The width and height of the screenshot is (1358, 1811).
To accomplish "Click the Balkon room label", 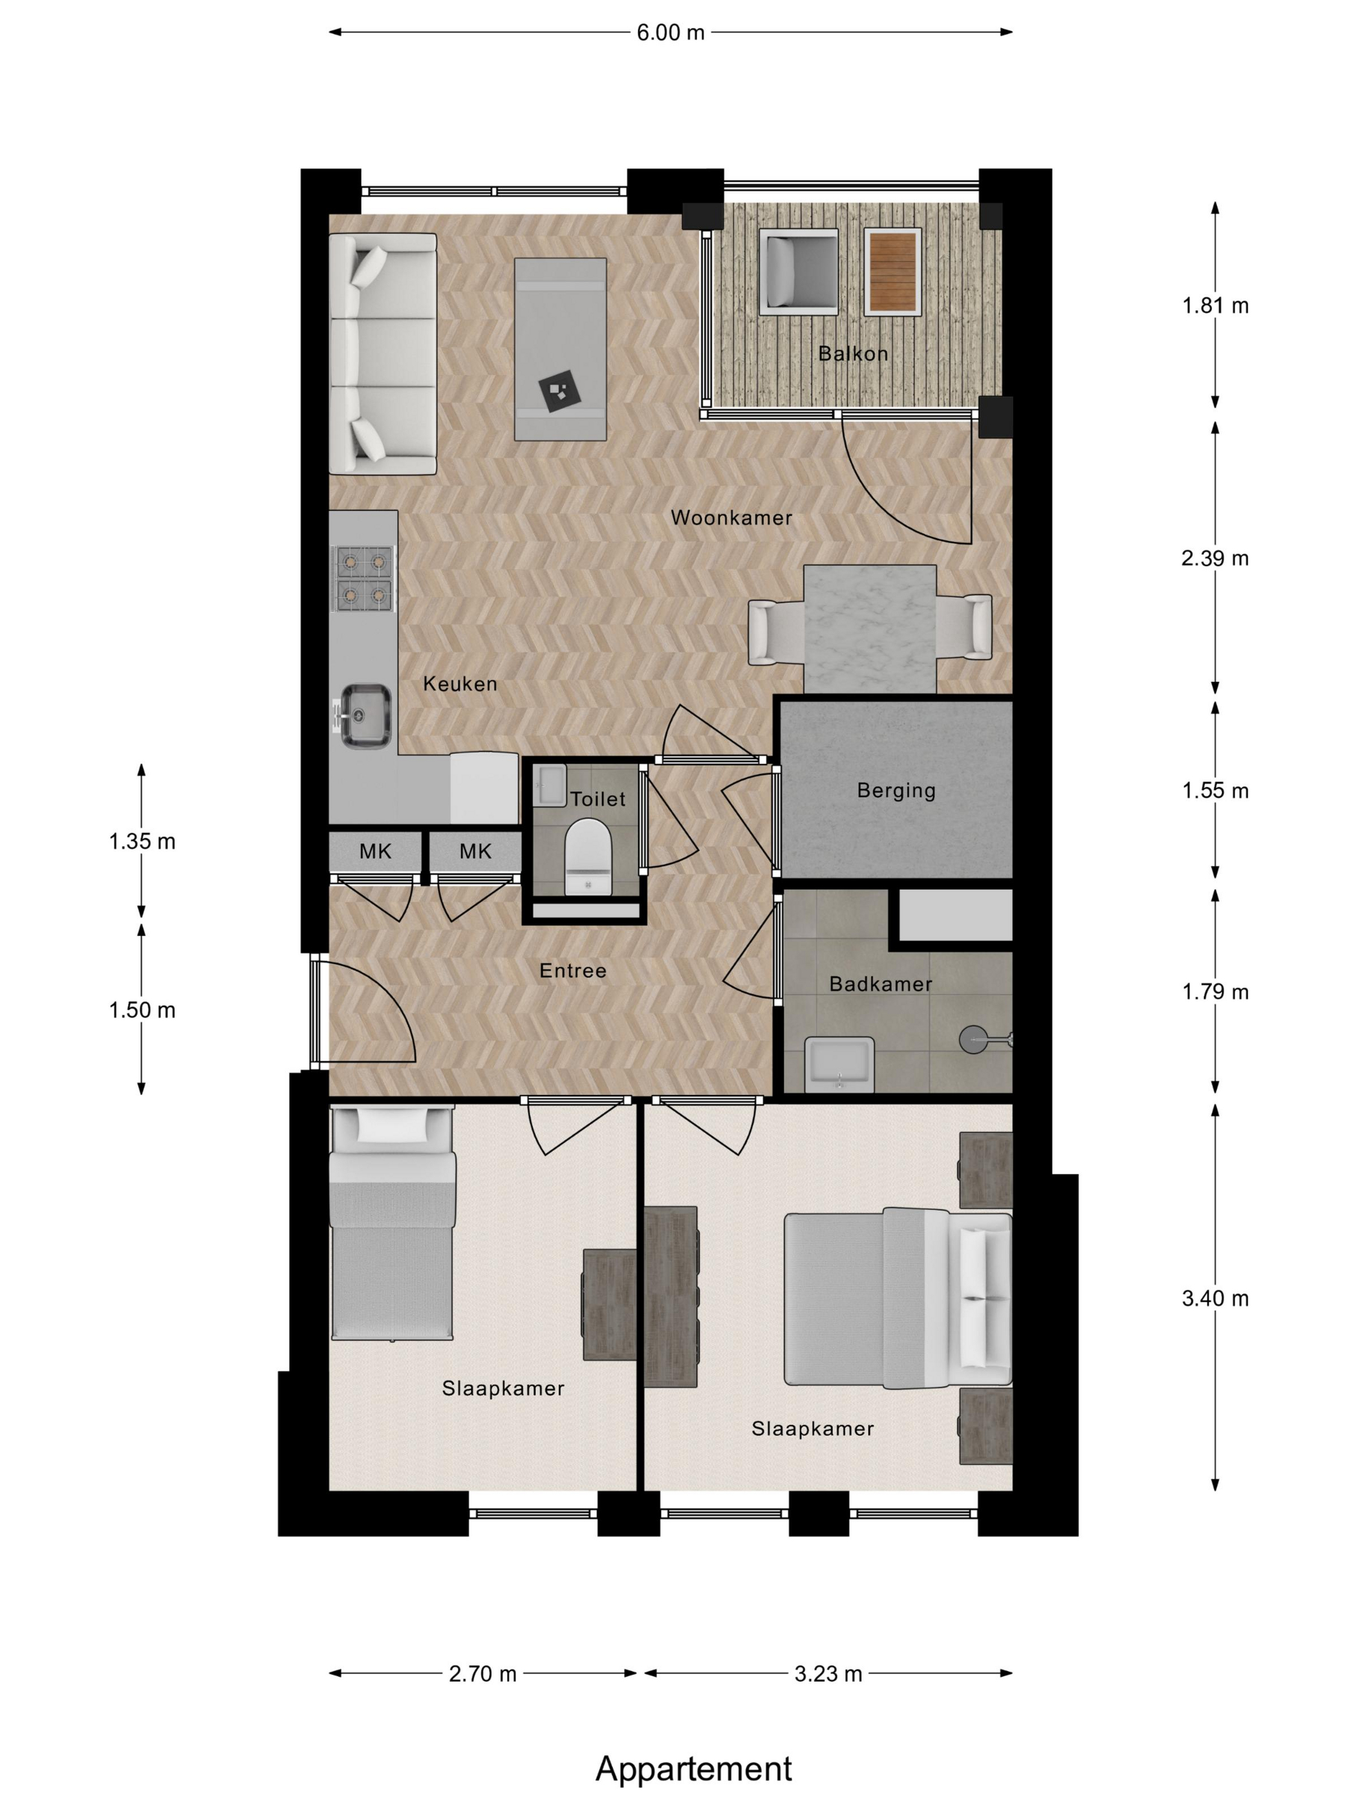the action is click(x=853, y=354).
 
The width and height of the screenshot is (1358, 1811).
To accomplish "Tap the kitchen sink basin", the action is click(x=365, y=715).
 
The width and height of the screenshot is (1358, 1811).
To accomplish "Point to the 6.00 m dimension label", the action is click(x=671, y=33).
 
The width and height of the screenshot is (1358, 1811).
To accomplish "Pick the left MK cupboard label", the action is click(x=376, y=851).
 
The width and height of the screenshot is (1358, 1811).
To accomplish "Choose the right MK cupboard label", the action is click(x=475, y=851).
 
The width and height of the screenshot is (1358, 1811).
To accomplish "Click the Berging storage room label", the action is click(x=896, y=791).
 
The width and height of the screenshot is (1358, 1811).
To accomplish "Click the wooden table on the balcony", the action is click(x=892, y=271).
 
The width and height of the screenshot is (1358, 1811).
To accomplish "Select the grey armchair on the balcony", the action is click(x=799, y=271).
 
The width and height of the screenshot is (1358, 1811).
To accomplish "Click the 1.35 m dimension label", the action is click(x=142, y=841).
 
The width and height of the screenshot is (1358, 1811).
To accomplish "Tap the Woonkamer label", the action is click(x=731, y=517).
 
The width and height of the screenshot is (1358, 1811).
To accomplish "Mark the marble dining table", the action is click(x=870, y=629).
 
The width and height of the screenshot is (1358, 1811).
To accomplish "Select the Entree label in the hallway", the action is click(x=573, y=971).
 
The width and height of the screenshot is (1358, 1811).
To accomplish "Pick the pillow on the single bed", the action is click(x=392, y=1126).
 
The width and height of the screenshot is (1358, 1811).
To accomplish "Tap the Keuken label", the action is click(x=460, y=684).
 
